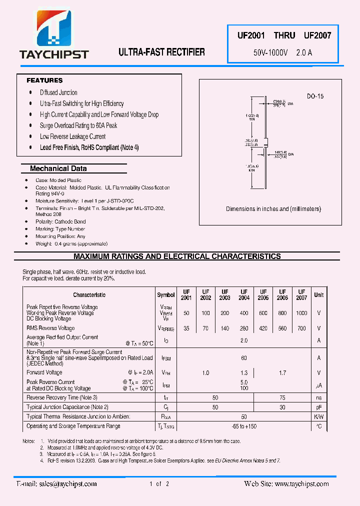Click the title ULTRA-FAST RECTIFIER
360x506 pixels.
click(x=161, y=52)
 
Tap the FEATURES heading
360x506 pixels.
click(x=44, y=80)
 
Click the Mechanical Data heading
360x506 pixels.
click(x=58, y=169)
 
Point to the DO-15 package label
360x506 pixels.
click(x=315, y=96)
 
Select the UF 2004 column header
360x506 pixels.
click(x=244, y=295)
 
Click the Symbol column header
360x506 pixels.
click(x=166, y=295)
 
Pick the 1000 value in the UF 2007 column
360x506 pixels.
click(x=301, y=313)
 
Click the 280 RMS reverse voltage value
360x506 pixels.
click(x=244, y=328)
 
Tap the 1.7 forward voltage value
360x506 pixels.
click(x=282, y=373)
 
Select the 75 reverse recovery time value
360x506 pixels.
click(x=282, y=397)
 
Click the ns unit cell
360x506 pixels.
click(x=318, y=397)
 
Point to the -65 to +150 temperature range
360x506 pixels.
click(x=244, y=426)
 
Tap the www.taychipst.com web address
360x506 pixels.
click(x=301, y=484)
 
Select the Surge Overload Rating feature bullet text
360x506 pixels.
click(x=78, y=125)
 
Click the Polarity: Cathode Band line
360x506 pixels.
click(x=60, y=221)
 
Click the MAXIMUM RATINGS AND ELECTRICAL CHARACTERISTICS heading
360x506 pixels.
click(x=177, y=256)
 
